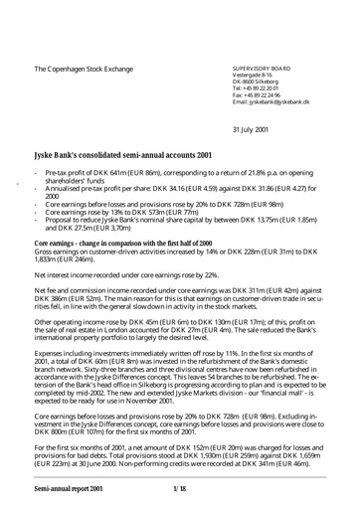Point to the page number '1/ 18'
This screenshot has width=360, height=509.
point(180,489)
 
